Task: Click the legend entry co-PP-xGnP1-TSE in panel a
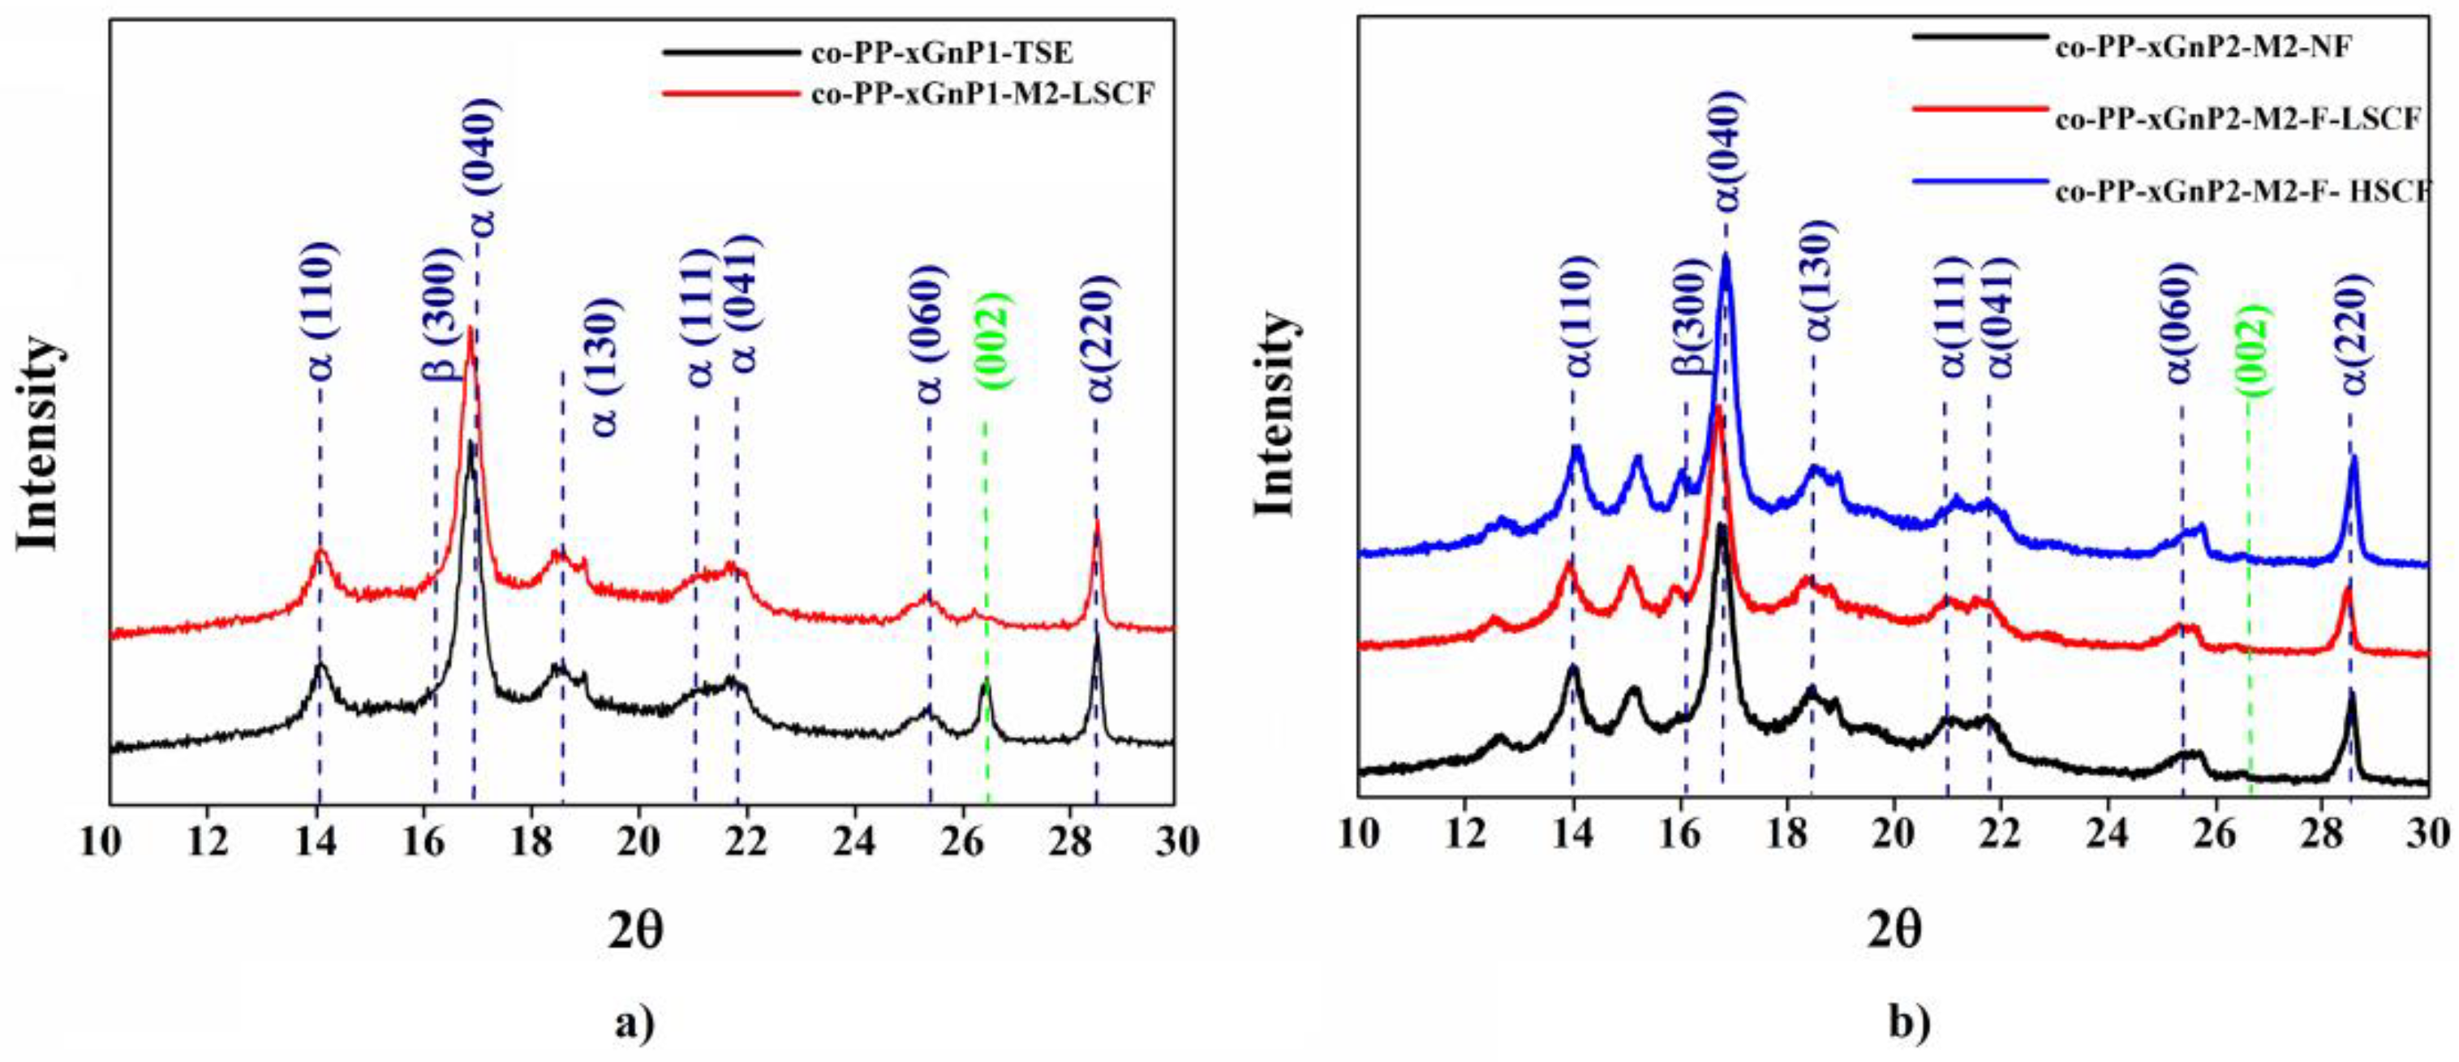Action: coord(940,54)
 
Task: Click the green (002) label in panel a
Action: coord(993,340)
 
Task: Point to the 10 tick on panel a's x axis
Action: coord(110,841)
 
